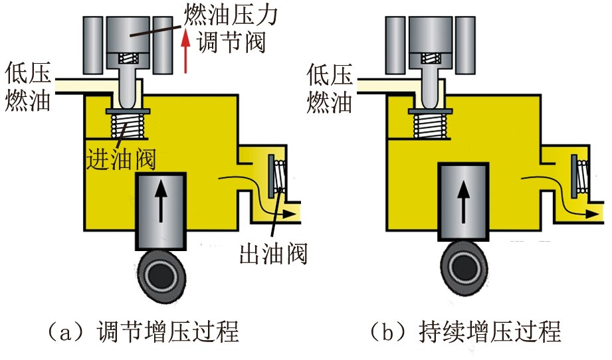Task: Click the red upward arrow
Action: pos(188,54)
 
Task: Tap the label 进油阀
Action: pos(120,159)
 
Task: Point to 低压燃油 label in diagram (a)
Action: pos(27,86)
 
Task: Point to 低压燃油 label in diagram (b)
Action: pos(329,86)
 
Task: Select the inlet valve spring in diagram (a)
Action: pos(126,124)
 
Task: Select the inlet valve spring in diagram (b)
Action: pos(428,124)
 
